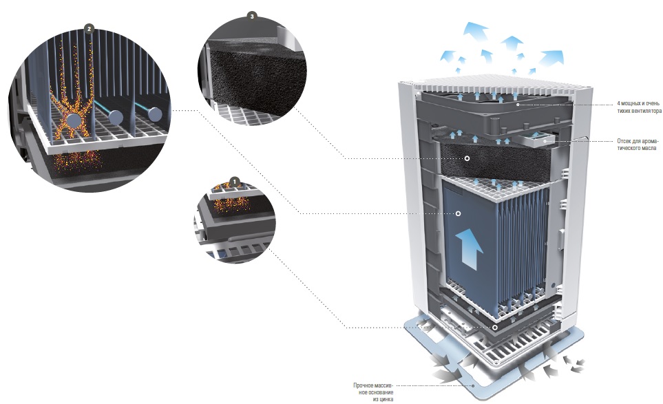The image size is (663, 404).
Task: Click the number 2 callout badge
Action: click(89, 29)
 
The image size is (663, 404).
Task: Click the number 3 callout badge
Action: click(253, 16)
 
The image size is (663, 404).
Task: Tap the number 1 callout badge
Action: click(235, 182)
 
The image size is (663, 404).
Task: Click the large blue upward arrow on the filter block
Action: click(469, 248)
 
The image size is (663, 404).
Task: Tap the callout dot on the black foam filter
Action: click(467, 158)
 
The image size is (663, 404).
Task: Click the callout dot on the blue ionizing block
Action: click(458, 213)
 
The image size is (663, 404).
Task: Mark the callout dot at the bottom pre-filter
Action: click(495, 328)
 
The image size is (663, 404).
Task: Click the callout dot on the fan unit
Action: click(518, 104)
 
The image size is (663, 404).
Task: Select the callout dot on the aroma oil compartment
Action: click(545, 141)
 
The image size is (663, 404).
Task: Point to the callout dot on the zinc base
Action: click(473, 385)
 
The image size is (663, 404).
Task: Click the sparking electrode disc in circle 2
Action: click(75, 120)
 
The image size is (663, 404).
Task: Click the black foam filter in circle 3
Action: click(258, 76)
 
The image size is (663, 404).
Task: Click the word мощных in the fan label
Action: click(631, 103)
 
